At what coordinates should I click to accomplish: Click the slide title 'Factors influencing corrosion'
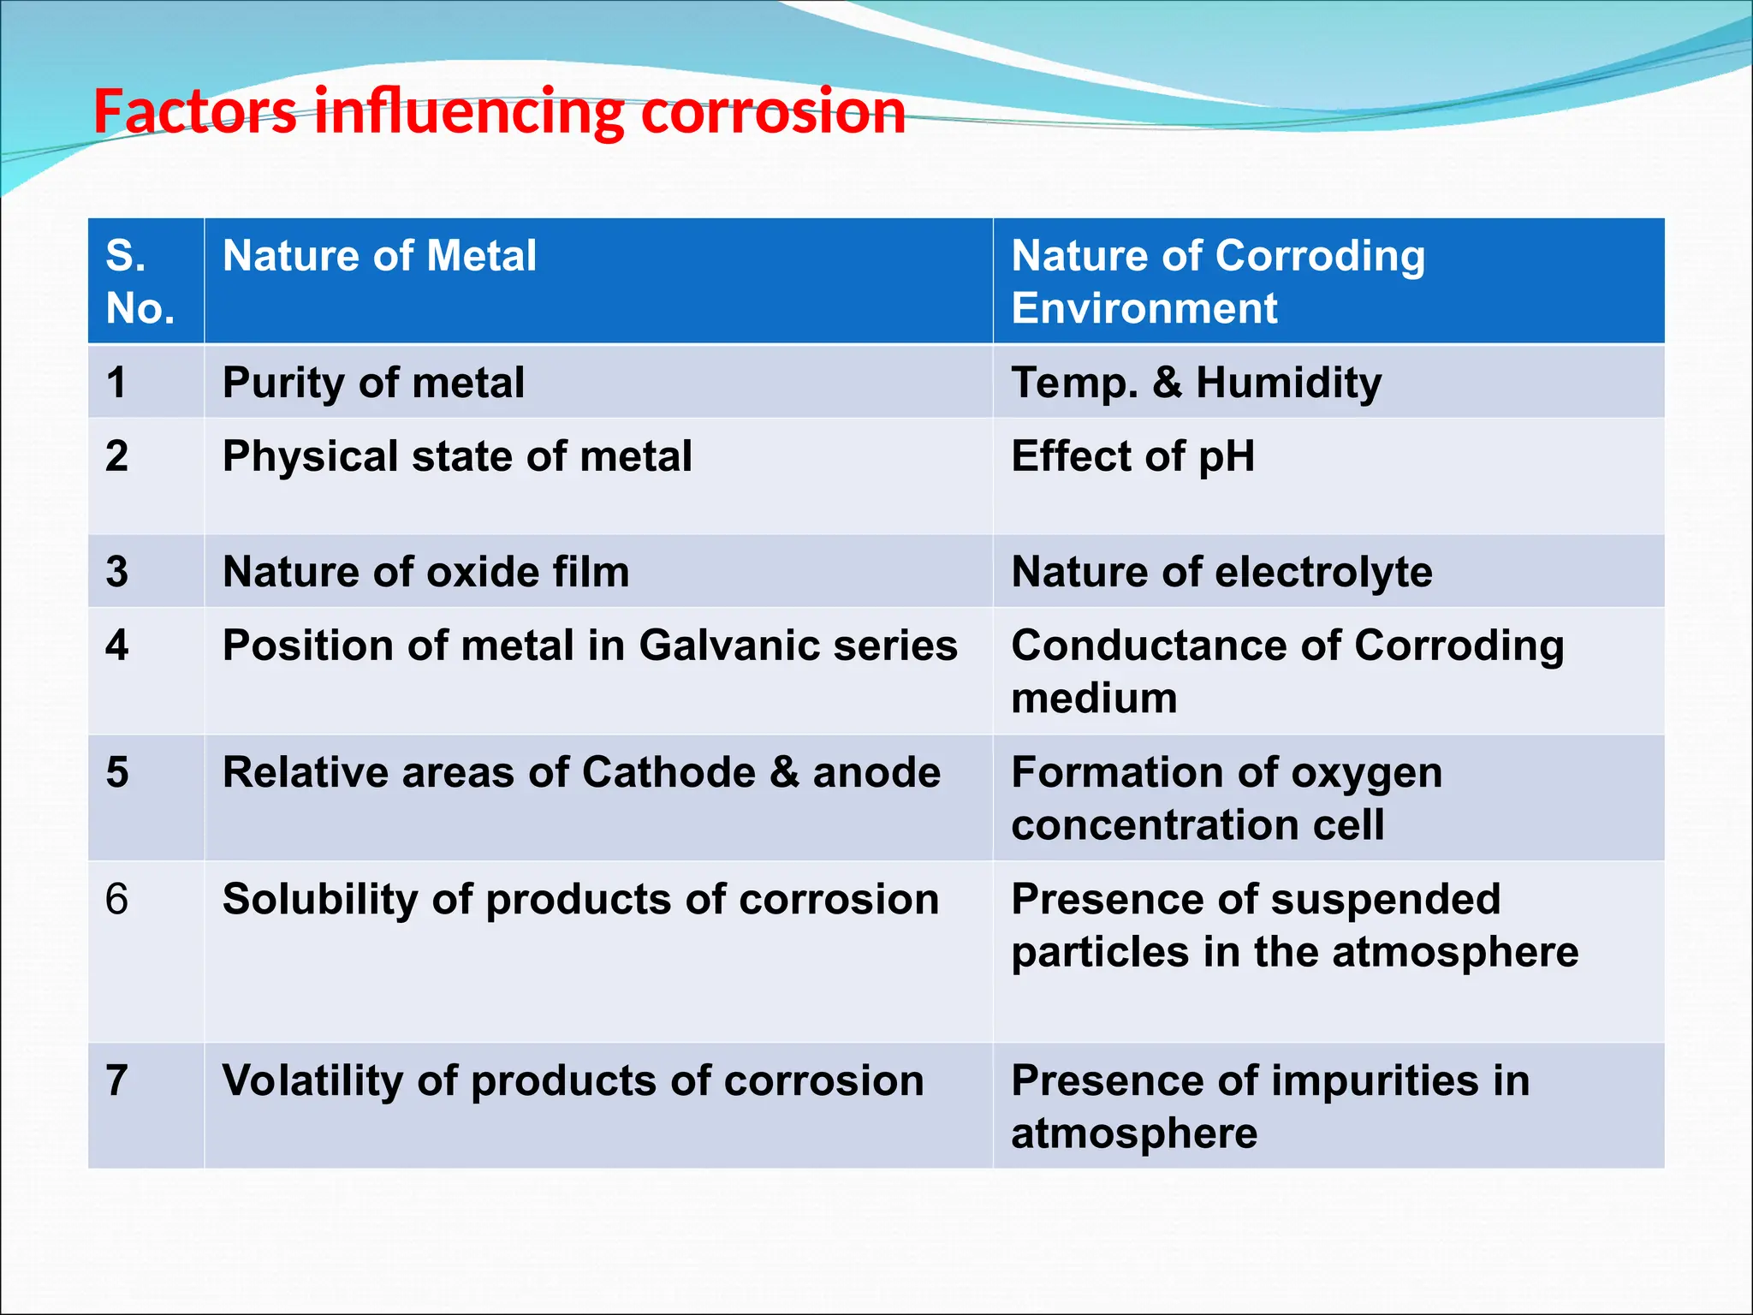point(499,111)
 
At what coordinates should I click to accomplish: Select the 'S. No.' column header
point(140,282)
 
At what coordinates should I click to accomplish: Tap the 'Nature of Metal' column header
point(379,256)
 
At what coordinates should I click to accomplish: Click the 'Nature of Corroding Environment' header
point(1218,282)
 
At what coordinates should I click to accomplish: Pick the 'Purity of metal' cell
point(373,382)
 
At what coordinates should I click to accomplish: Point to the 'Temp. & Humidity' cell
point(1196,382)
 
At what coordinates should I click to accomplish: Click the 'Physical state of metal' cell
point(457,456)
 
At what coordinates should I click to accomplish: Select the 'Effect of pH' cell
point(1132,456)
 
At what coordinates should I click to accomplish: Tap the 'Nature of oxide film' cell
point(425,572)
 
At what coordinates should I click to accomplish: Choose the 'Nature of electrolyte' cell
point(1221,572)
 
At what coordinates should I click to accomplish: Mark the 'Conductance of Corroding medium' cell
point(1287,671)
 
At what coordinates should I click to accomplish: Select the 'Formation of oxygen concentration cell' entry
point(1226,798)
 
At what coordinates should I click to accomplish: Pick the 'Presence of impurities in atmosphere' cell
point(1269,1106)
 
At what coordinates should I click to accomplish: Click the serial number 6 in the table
point(116,900)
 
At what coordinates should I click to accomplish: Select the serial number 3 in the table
point(116,572)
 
